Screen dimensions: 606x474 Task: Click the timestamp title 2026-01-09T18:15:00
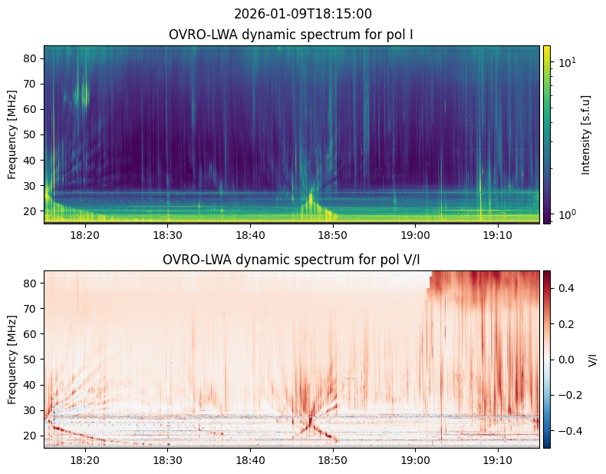pyautogui.click(x=303, y=14)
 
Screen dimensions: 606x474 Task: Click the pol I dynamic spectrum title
pyautogui.click(x=291, y=35)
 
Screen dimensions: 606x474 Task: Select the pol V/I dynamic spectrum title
pyautogui.click(x=291, y=260)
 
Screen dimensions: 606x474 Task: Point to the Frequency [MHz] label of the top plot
pyautogui.click(x=12, y=134)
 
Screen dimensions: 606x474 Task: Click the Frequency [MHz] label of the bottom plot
pyautogui.click(x=12, y=360)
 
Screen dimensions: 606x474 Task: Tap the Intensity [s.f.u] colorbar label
pyautogui.click(x=586, y=135)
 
